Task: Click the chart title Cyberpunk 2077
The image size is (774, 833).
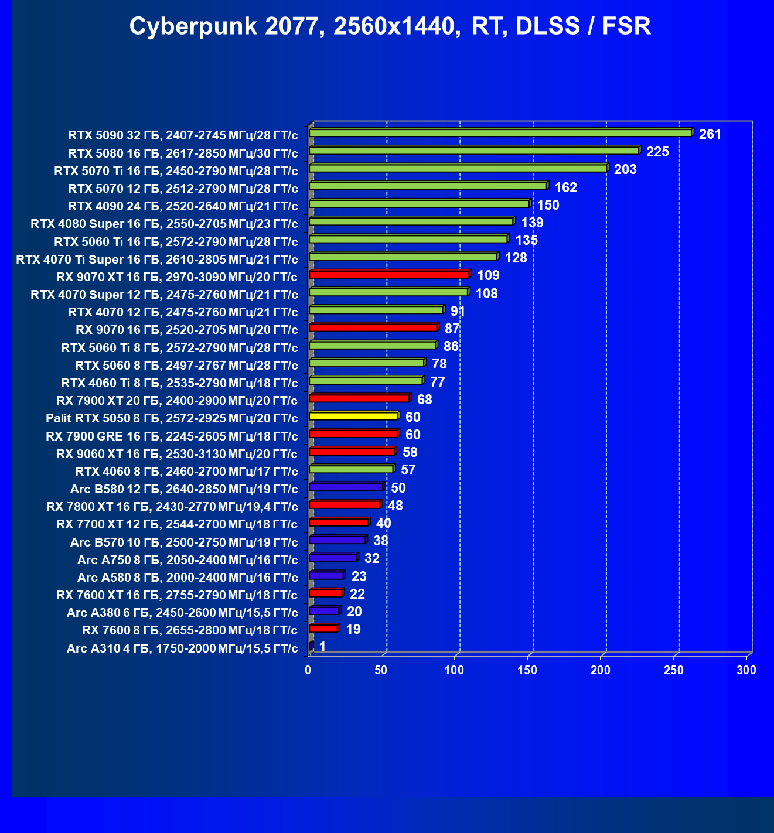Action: pyautogui.click(x=390, y=26)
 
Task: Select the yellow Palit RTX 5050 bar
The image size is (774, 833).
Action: pyautogui.click(x=353, y=416)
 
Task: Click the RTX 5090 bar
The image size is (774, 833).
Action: pyautogui.click(x=500, y=133)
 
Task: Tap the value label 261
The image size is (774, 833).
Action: pyautogui.click(x=710, y=134)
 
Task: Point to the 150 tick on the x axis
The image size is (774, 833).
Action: pyautogui.click(x=527, y=670)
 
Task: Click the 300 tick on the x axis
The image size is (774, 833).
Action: pyautogui.click(x=746, y=670)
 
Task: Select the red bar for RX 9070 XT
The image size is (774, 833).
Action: pyautogui.click(x=389, y=274)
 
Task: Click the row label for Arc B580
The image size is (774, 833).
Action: pyautogui.click(x=184, y=489)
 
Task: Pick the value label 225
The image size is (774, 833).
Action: pyautogui.click(x=657, y=152)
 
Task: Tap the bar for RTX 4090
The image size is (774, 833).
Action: pyautogui.click(x=420, y=204)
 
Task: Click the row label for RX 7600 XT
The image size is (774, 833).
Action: pyautogui.click(x=177, y=595)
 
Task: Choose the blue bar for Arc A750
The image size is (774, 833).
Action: pyautogui.click(x=333, y=557)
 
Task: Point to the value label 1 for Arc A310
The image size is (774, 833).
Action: pyautogui.click(x=322, y=647)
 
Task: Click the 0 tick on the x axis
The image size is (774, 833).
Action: pyautogui.click(x=308, y=670)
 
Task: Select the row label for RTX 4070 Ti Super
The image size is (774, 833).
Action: pyautogui.click(x=157, y=260)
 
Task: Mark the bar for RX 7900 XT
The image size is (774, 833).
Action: pyautogui.click(x=359, y=398)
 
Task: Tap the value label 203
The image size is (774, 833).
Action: pyautogui.click(x=625, y=169)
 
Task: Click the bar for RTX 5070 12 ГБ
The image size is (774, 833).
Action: pyautogui.click(x=428, y=186)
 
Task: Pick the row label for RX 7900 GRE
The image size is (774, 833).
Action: pyautogui.click(x=172, y=436)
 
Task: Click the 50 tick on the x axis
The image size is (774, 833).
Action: pyautogui.click(x=381, y=670)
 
